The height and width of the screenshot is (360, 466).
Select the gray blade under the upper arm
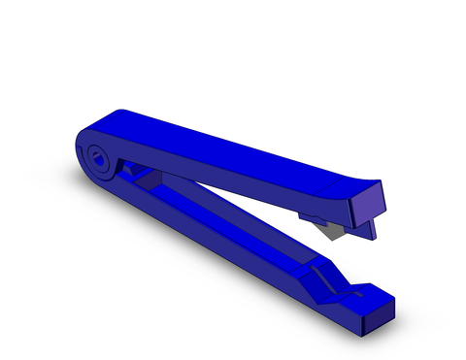(334, 229)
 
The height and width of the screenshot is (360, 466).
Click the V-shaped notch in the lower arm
(350, 287)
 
